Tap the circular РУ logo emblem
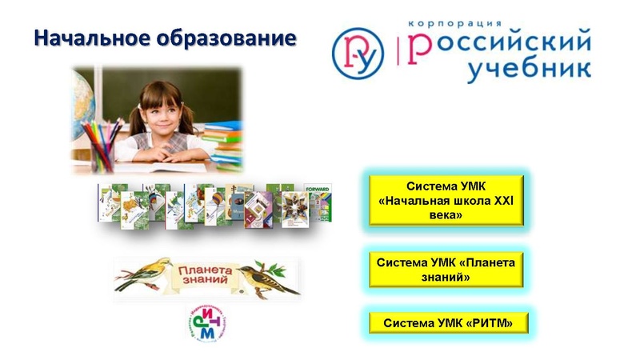coord(358,54)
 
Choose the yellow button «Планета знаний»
coord(446,270)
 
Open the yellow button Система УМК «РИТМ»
coord(446,323)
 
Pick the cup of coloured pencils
coord(102,144)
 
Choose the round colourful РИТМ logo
coord(205,322)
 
